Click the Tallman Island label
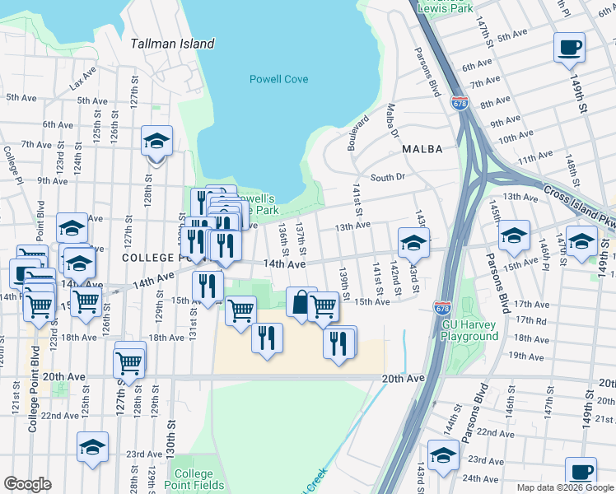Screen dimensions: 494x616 [x=173, y=44]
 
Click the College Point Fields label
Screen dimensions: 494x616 [x=194, y=479]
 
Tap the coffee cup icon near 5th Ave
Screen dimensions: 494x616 [x=569, y=47]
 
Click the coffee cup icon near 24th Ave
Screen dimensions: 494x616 [x=581, y=472]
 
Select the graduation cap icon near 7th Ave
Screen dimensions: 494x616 [x=156, y=140]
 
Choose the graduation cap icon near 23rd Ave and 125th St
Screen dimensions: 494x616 [x=93, y=446]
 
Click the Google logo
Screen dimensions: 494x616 [x=27, y=485]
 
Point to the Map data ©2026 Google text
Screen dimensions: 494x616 [x=565, y=487]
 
